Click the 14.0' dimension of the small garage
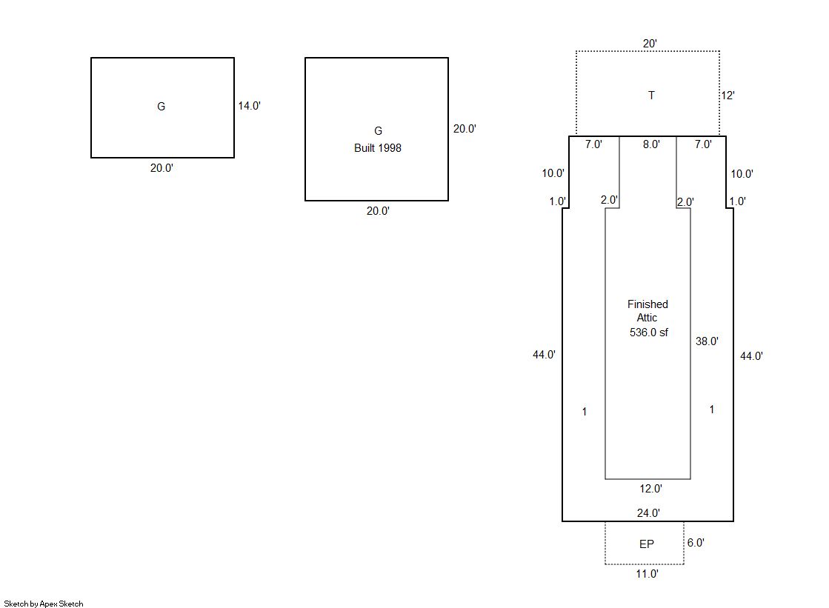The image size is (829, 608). (x=249, y=106)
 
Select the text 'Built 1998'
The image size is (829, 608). (x=377, y=148)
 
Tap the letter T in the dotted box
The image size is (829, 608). (x=651, y=96)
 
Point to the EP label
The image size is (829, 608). (x=646, y=544)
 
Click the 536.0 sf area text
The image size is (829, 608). (x=649, y=333)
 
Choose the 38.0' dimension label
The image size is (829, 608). (x=707, y=341)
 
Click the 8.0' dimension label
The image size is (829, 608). (x=650, y=145)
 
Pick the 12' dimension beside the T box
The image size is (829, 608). (x=728, y=96)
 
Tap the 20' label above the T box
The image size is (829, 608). (x=649, y=44)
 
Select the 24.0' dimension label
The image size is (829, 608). (x=649, y=512)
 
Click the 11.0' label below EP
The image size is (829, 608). (x=647, y=574)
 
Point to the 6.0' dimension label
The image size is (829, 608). (x=696, y=543)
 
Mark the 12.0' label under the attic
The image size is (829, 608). (x=650, y=489)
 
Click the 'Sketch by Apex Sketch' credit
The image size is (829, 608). (x=44, y=604)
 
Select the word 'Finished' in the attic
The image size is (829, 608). (x=647, y=304)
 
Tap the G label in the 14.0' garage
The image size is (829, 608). (x=161, y=107)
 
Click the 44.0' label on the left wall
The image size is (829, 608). (x=544, y=355)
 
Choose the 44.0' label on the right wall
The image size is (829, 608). (x=751, y=356)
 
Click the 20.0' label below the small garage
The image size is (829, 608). (x=162, y=168)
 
